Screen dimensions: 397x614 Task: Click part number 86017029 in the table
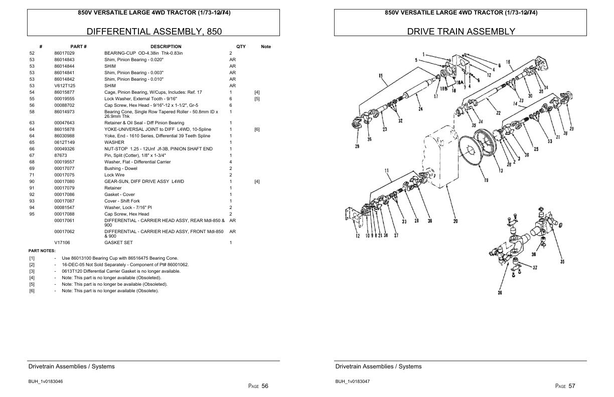pos(64,53)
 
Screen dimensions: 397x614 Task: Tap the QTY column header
pos(241,47)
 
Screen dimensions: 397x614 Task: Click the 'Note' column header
pos(266,47)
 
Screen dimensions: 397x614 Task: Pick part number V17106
pos(62,243)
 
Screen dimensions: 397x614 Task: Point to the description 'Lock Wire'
pos(114,175)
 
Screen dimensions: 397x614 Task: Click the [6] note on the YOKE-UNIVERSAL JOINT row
pos(257,129)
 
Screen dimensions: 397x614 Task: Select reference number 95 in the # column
pos(32,214)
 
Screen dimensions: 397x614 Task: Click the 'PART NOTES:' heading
pos(42,251)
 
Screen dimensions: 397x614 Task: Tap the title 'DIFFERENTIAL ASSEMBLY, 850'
pos(154,31)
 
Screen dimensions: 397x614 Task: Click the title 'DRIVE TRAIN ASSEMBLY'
pos(460,31)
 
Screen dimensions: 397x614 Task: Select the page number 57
pos(572,386)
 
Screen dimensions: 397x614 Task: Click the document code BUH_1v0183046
pos(45,381)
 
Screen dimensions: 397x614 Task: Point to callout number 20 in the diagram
pos(455,221)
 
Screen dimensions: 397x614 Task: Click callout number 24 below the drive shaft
pos(420,109)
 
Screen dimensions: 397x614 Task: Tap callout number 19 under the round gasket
pos(486,180)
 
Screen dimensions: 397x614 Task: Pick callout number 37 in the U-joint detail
pos(535,267)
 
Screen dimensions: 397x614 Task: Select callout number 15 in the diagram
pos(381,76)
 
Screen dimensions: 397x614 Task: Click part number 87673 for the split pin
pos(60,155)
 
